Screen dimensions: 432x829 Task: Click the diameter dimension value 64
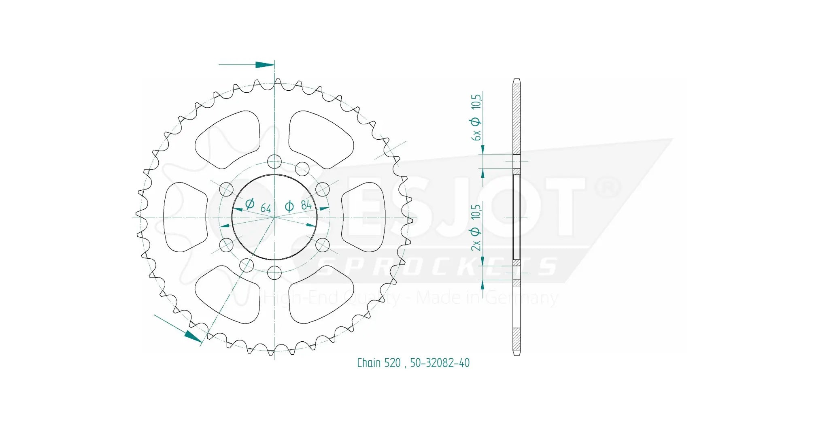(266, 208)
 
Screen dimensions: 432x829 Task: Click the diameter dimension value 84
(306, 205)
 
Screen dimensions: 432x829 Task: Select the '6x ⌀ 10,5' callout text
(476, 117)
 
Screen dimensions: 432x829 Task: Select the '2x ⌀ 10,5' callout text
(476, 228)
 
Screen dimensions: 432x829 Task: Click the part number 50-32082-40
(440, 363)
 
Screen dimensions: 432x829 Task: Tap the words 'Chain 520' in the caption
(378, 363)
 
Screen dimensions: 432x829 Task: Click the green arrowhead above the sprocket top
(265, 65)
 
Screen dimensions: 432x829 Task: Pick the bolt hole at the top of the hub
(274, 162)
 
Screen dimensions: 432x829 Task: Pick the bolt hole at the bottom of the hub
(274, 272)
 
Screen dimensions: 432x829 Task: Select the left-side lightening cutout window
(184, 217)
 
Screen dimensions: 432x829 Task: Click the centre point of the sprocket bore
(274, 217)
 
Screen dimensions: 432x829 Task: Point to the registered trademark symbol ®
(607, 187)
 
